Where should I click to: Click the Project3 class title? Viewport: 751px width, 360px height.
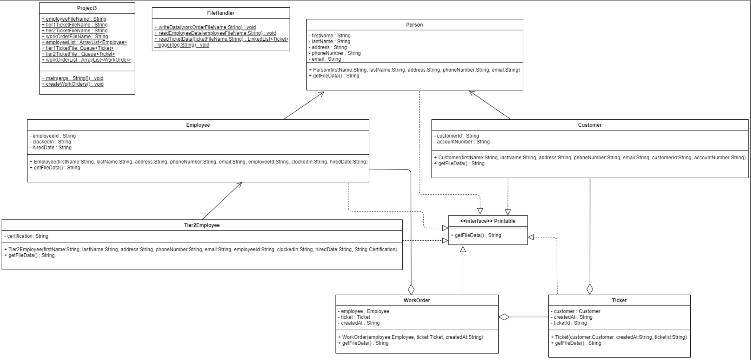coord(87,8)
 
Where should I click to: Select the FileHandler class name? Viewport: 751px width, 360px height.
coord(221,13)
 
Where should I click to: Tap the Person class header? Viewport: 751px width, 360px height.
coord(414,25)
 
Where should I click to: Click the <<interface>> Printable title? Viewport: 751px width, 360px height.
coord(488,221)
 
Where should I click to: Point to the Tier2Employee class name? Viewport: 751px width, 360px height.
coord(202,225)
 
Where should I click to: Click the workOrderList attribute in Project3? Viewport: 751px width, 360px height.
coord(86,60)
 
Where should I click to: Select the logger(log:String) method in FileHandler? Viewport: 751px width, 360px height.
coord(182,45)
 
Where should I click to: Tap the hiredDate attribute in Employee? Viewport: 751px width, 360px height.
coord(51,148)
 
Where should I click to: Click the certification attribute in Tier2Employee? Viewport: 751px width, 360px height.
coord(26,236)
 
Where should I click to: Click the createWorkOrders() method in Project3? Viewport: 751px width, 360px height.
coord(73,84)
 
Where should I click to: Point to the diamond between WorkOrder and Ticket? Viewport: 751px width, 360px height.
coord(504,317)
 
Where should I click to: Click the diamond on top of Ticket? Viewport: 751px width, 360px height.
coord(590,289)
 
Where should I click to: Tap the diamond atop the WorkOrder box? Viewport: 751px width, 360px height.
coord(411,289)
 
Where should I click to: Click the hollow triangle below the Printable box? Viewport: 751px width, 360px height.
coord(463,249)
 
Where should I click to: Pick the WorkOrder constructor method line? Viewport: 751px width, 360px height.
coord(411,337)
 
